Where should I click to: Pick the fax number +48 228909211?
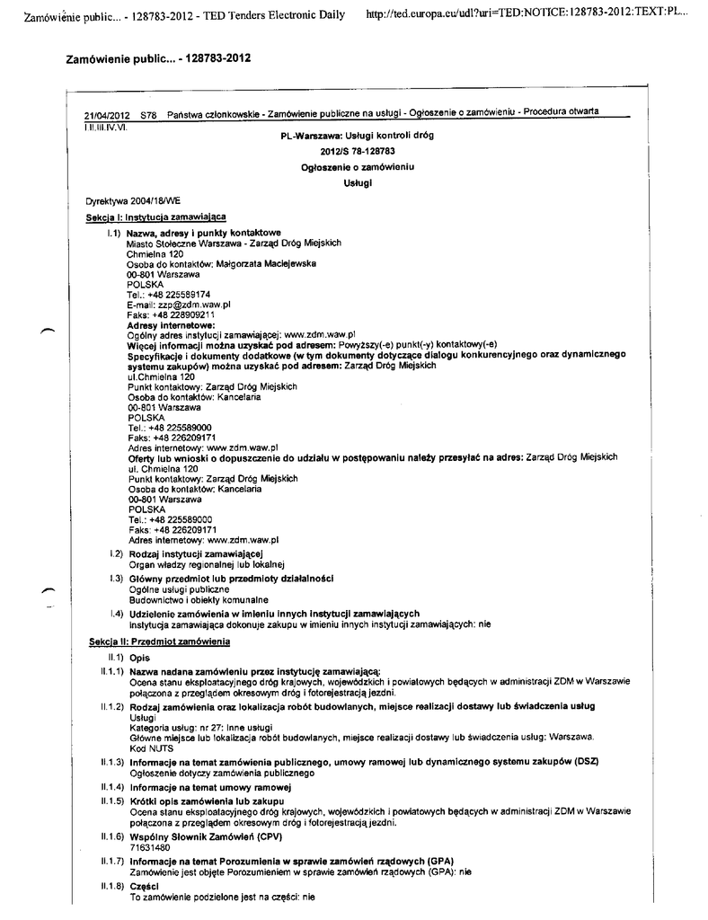(183, 315)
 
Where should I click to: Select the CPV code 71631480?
(150, 846)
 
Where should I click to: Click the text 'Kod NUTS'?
(149, 747)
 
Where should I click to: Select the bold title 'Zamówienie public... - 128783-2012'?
(158, 58)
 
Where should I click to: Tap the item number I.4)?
(114, 614)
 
